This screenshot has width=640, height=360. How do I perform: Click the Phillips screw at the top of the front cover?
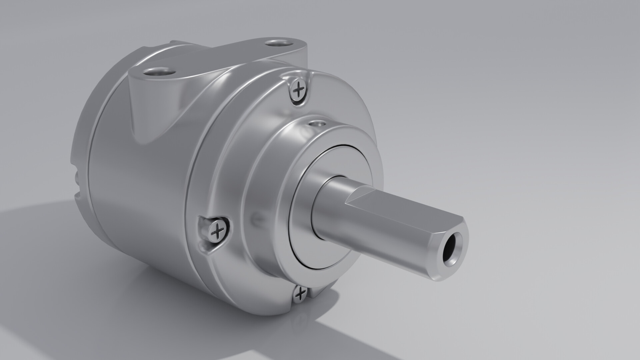point(298,89)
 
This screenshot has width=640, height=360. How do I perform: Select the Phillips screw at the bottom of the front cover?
point(301,293)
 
